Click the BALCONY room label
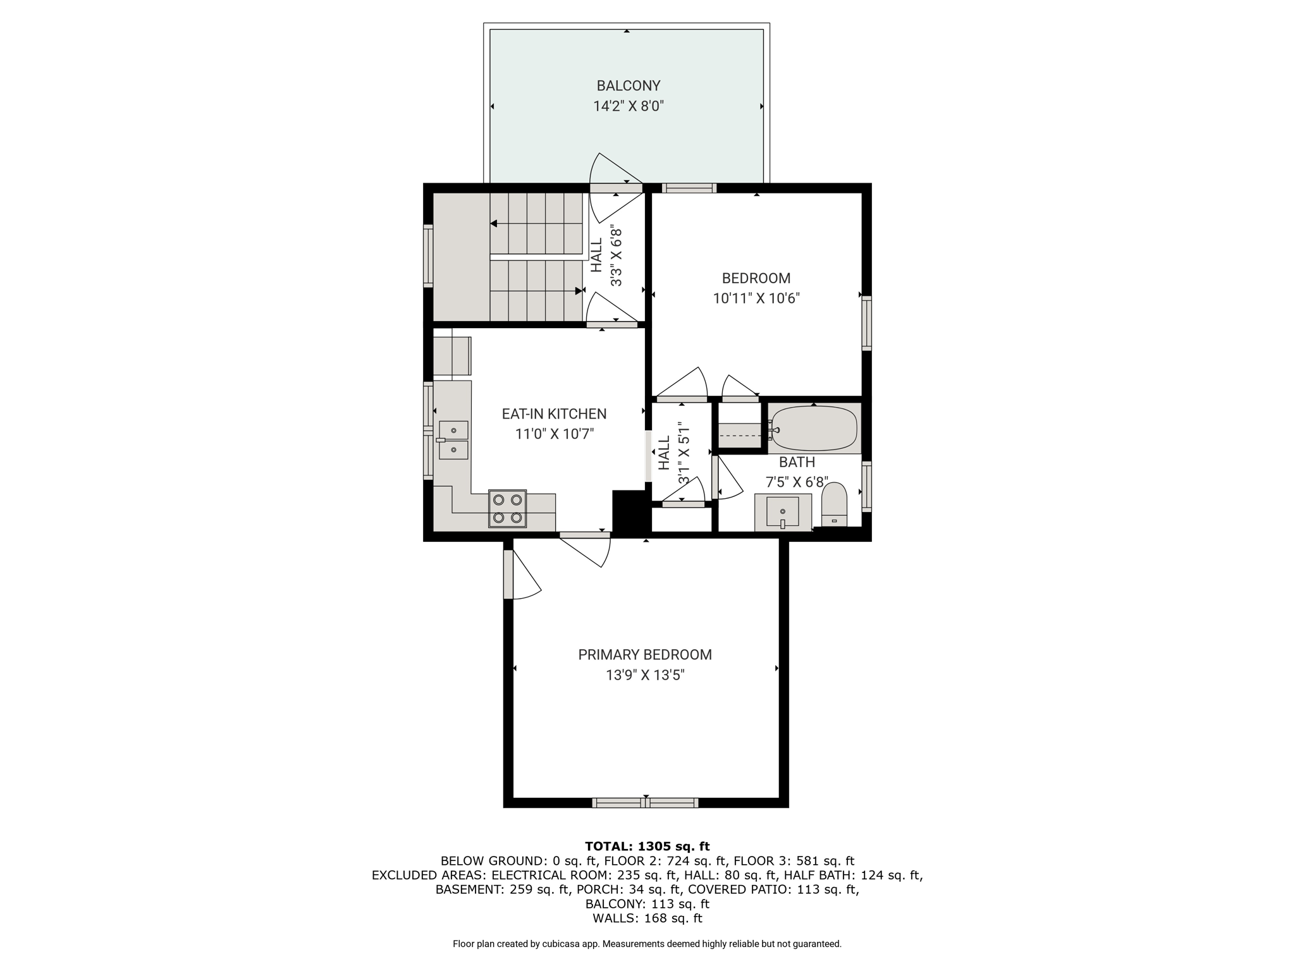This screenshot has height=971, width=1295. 629,85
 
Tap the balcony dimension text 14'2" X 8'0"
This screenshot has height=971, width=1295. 629,106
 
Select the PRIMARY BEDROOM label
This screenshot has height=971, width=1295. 645,655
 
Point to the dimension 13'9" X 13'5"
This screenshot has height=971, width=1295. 645,675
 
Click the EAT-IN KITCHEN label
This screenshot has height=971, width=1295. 554,414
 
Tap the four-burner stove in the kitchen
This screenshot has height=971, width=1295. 507,509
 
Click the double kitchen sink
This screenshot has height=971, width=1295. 454,440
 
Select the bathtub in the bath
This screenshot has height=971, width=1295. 814,429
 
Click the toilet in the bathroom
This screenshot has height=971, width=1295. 834,504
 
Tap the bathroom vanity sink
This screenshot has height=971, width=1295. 783,513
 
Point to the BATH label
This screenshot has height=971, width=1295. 797,462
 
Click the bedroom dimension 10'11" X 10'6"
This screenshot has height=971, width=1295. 756,298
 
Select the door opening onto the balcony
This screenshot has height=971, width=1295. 616,188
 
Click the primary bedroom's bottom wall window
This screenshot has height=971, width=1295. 646,803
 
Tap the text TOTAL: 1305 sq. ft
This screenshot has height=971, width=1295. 647,846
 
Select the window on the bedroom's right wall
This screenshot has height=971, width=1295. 867,323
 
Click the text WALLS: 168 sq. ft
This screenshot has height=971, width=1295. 647,919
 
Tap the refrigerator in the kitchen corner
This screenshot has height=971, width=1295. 452,356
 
